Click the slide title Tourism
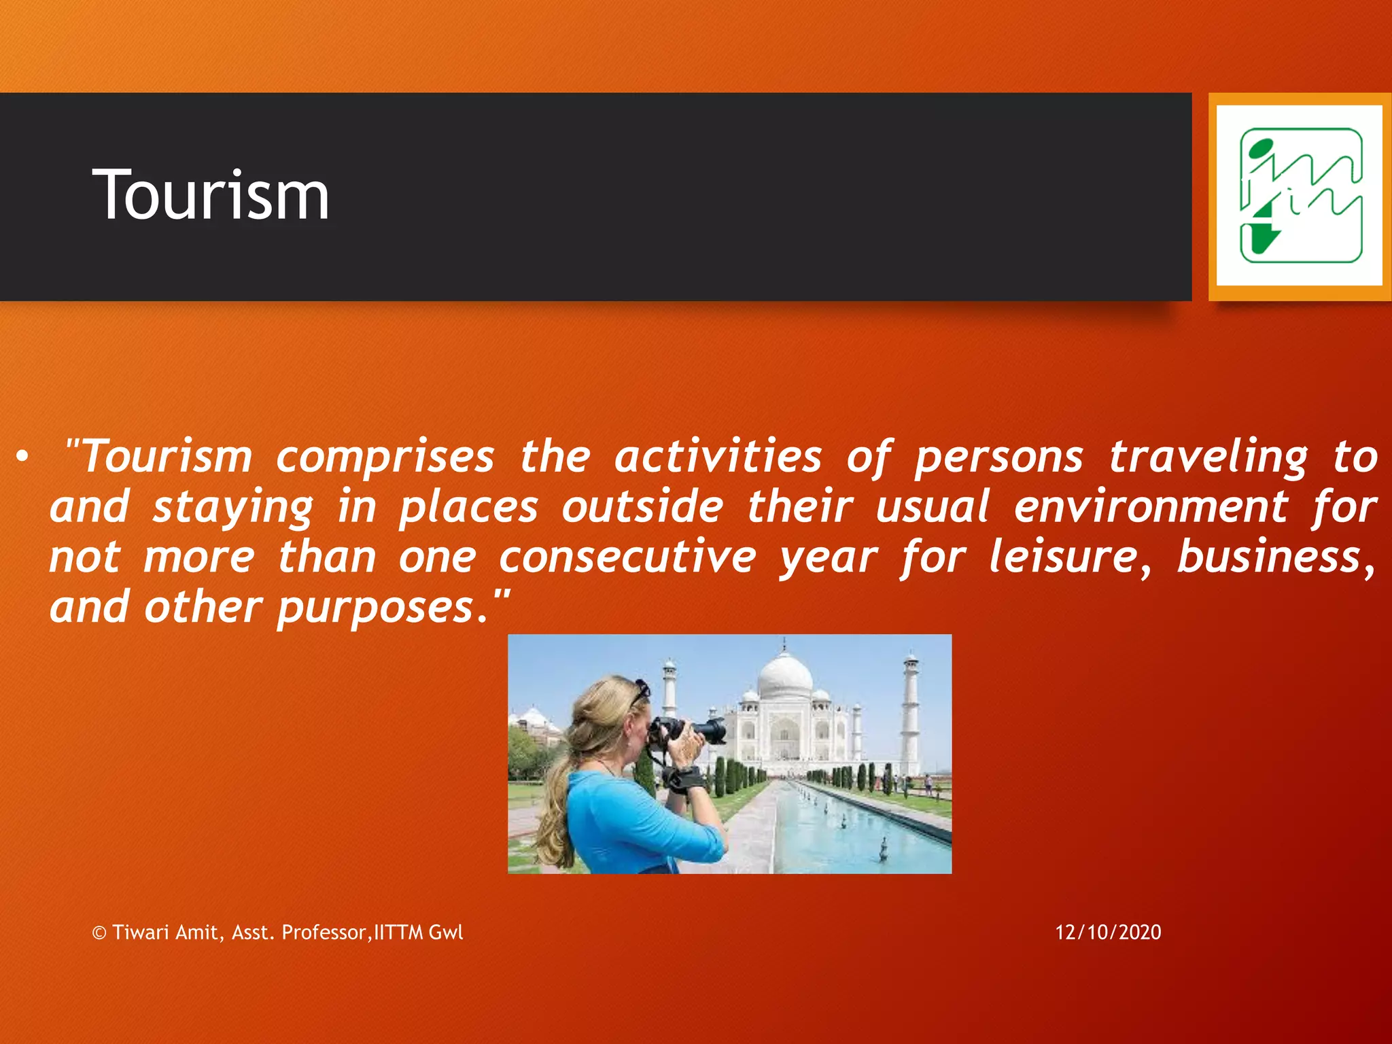211,196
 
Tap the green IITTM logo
1300,196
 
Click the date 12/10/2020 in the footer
1108,932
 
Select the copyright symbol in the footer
99,933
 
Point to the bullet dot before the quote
23,458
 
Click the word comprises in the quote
385,457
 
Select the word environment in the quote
1151,507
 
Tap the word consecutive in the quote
627,557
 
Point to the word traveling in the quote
1208,457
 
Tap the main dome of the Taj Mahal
784,677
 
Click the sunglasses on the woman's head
640,691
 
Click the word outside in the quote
642,507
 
